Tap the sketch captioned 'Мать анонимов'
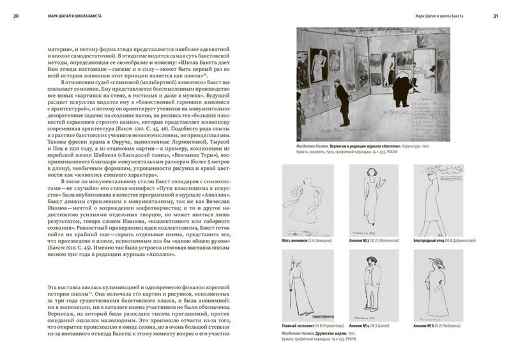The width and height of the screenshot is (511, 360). (304, 199)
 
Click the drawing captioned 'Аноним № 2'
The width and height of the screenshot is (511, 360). (370, 198)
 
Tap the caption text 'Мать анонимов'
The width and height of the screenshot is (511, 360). (296, 241)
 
